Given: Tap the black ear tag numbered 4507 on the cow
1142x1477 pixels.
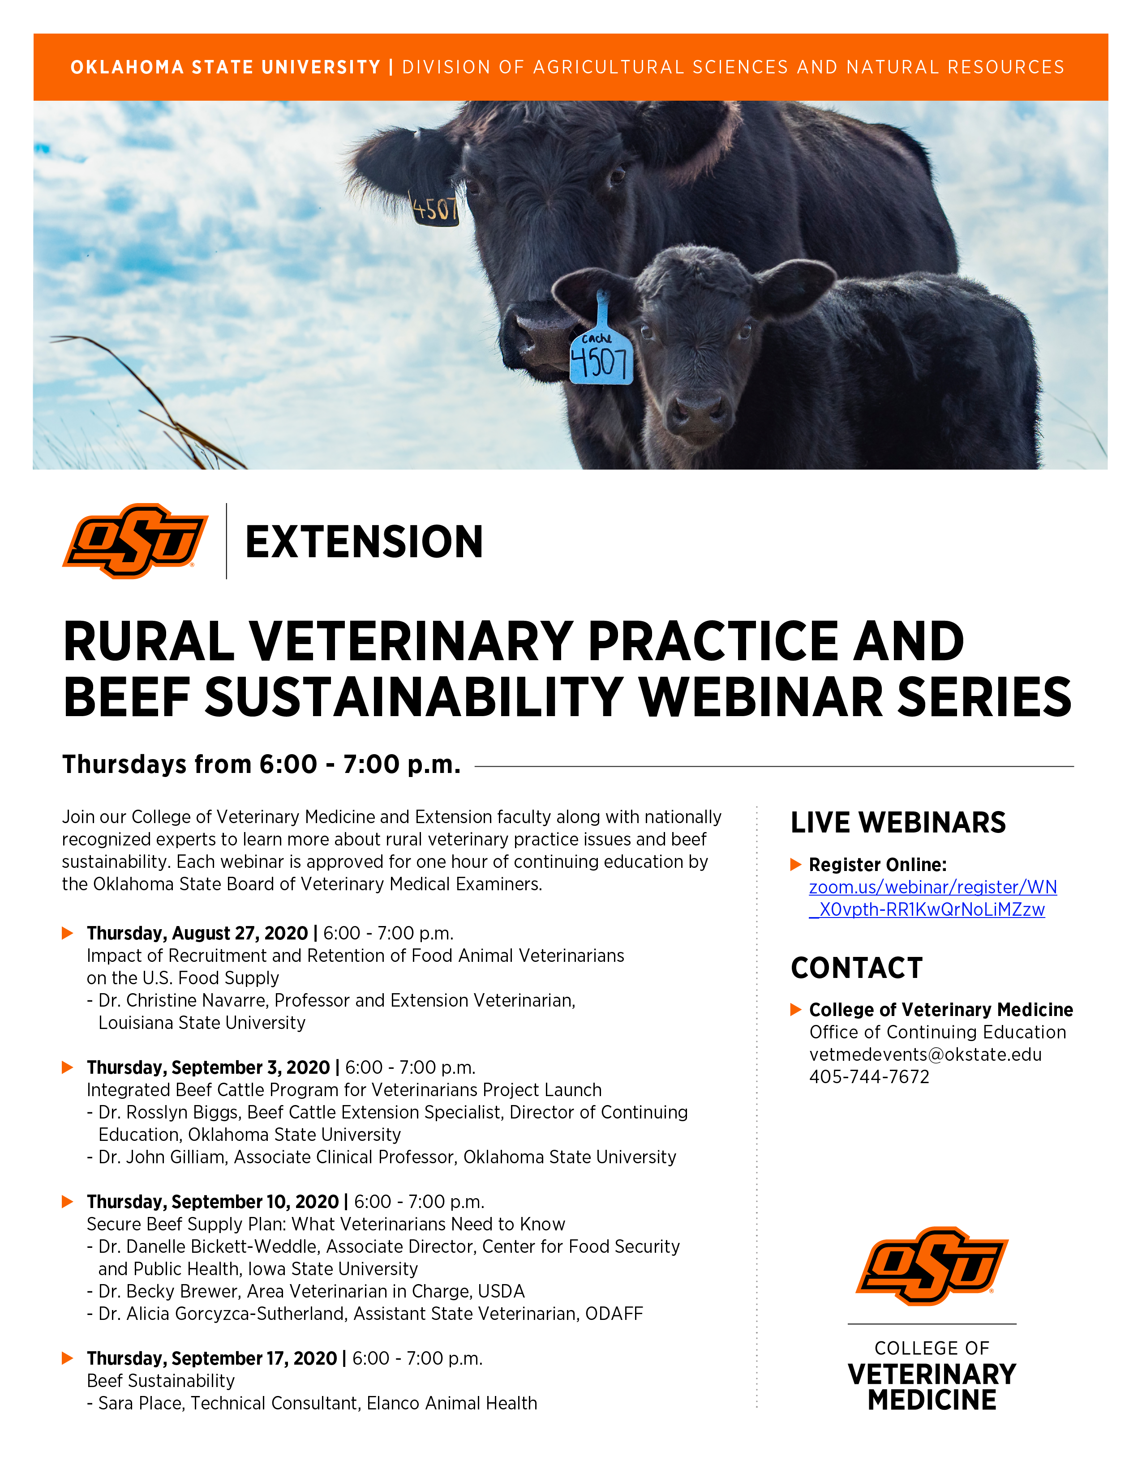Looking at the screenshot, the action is click(x=435, y=208).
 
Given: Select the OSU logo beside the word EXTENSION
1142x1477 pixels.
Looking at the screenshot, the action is click(x=135, y=541).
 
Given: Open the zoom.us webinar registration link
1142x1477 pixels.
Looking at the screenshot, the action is click(x=933, y=898).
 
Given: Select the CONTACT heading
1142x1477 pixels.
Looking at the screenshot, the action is click(x=856, y=968).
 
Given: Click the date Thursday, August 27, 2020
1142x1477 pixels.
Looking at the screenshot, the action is click(x=197, y=933).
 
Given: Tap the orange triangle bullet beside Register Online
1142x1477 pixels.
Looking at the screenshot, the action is click(x=796, y=864).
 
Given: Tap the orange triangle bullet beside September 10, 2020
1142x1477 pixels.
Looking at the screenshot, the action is click(x=68, y=1201).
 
